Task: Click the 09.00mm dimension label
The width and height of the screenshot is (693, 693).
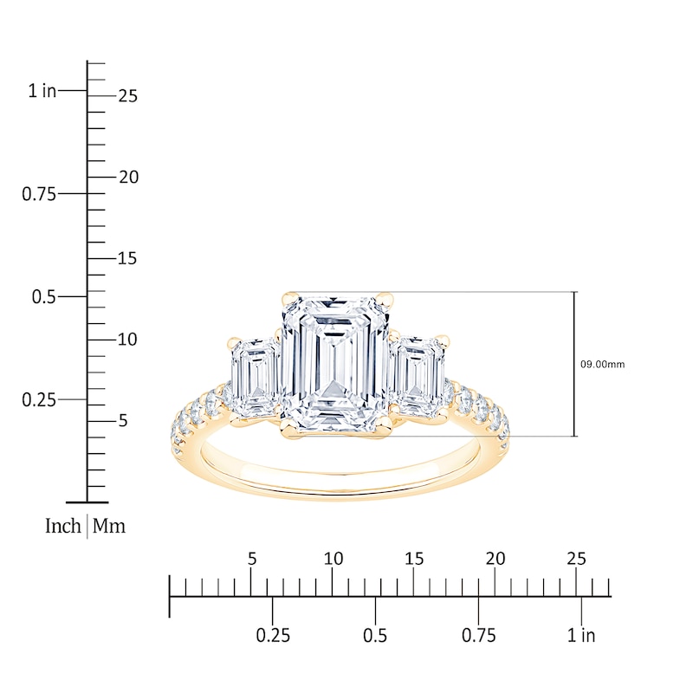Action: [602, 365]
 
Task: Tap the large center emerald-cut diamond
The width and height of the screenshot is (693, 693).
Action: [335, 365]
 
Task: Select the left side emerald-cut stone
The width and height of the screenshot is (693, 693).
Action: [254, 378]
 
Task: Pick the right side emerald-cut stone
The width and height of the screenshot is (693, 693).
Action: [418, 378]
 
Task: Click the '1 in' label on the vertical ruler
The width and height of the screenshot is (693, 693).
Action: [42, 91]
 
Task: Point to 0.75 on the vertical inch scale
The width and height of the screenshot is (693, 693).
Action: [39, 194]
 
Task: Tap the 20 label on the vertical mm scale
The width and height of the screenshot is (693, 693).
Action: [128, 178]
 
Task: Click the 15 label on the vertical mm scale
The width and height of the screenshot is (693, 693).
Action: [127, 258]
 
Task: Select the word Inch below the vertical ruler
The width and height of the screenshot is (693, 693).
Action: [63, 526]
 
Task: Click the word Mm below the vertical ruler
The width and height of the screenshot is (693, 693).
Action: [109, 526]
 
